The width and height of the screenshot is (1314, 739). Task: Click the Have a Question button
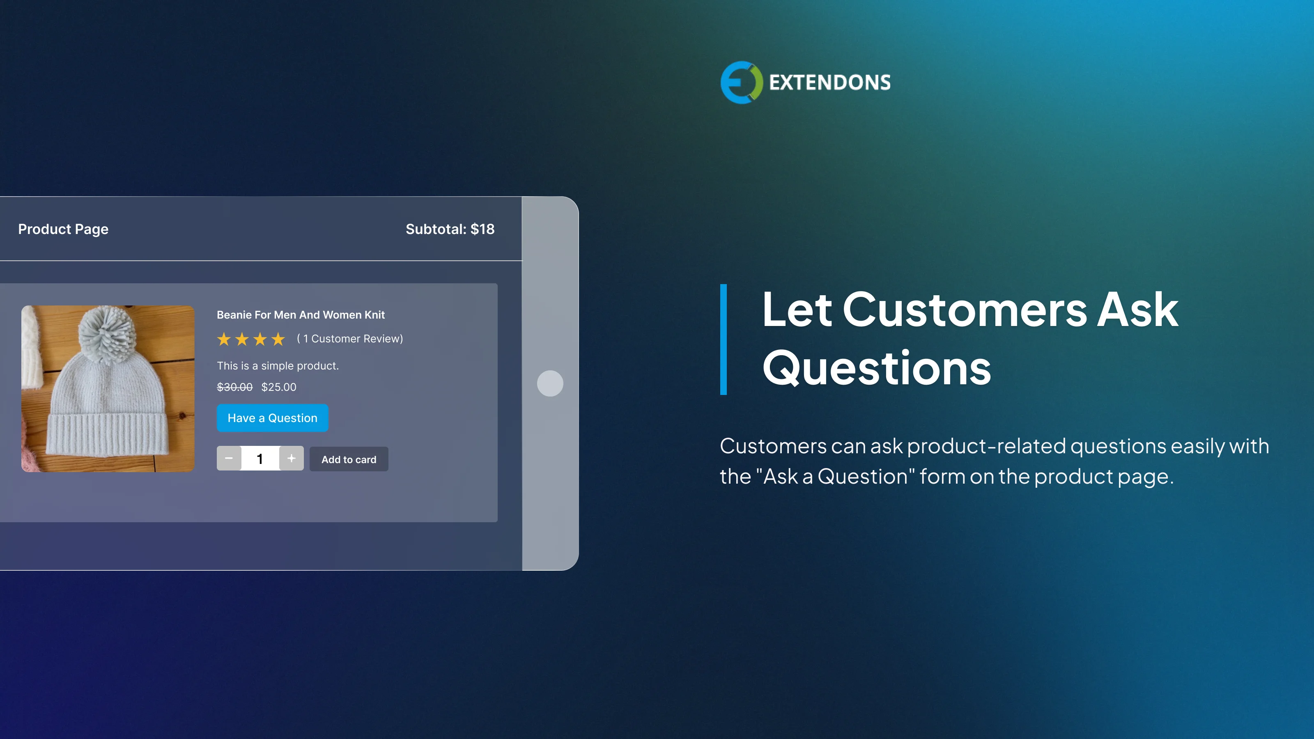[x=272, y=418]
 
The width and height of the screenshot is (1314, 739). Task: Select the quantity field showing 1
[x=260, y=459]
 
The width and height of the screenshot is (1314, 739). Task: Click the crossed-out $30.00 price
[x=234, y=387]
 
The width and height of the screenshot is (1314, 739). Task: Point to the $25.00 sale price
[x=278, y=387]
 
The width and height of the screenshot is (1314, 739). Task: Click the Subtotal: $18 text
[x=450, y=230]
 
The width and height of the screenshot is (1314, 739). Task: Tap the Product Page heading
[x=63, y=230]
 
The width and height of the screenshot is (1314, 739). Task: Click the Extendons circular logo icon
[x=741, y=83]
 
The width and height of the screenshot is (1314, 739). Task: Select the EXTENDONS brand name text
[x=829, y=83]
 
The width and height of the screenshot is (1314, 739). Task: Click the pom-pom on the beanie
[x=108, y=334]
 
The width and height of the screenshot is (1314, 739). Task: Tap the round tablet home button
[x=550, y=383]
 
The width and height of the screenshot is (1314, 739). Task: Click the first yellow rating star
[x=224, y=339]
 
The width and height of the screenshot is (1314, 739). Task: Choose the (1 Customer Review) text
[x=350, y=339]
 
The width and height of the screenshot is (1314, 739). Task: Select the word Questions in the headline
[x=876, y=368]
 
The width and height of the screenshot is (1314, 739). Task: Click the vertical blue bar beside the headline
[x=723, y=339]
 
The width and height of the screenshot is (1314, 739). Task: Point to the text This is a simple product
[x=278, y=366]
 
